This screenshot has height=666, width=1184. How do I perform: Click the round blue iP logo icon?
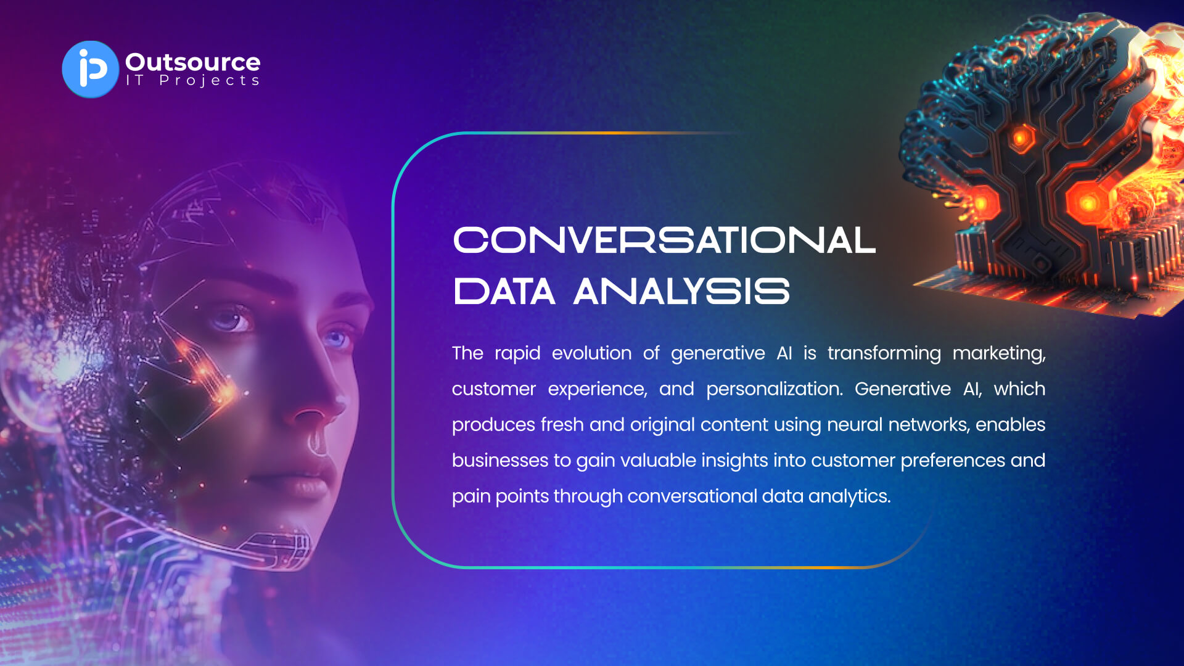(x=90, y=69)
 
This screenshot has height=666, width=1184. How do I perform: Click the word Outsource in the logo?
(x=192, y=62)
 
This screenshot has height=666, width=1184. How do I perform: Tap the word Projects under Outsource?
(x=209, y=81)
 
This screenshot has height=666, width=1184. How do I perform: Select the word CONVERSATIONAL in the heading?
(x=664, y=240)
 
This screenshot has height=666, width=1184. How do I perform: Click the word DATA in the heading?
(x=504, y=291)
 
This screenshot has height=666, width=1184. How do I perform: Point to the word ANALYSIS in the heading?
(x=681, y=291)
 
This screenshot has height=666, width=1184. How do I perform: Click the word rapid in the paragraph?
(x=517, y=354)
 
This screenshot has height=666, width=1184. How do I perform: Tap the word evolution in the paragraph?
(x=591, y=353)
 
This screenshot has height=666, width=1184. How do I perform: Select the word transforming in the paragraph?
(x=884, y=354)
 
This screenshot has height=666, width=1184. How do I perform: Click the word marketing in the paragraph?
(x=999, y=354)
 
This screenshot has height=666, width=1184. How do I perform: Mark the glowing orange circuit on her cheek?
(x=203, y=370)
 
